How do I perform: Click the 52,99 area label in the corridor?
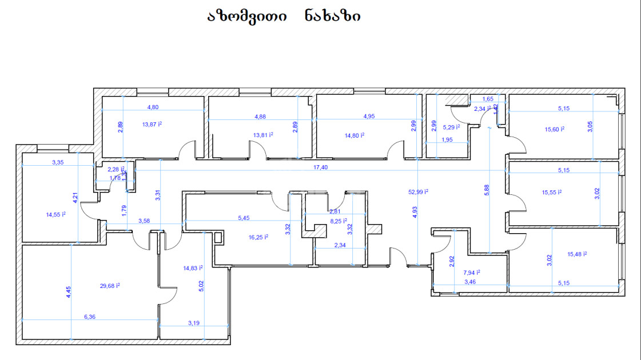coord(418,192)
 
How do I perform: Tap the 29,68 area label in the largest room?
coord(109,285)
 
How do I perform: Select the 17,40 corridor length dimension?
coord(321,167)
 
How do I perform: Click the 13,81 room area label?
coord(263,135)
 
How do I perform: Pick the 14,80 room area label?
coord(355,135)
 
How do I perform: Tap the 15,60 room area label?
coord(555,129)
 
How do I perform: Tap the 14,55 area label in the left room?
coord(55,215)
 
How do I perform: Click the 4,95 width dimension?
coord(369,117)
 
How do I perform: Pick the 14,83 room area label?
coord(193,267)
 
